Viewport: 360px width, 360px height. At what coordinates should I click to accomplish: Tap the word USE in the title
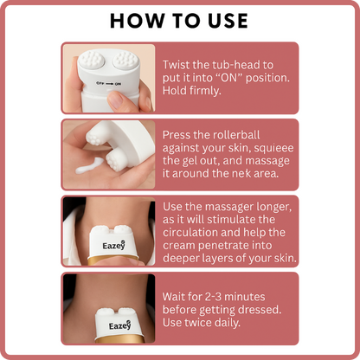coord(228,21)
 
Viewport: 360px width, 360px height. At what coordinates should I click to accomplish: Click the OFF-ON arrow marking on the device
coord(109,84)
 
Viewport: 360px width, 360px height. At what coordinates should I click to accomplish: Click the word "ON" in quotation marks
coord(228,78)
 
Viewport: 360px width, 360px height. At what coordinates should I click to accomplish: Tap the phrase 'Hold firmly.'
coord(192,91)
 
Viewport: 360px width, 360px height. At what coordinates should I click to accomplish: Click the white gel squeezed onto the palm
coord(89,166)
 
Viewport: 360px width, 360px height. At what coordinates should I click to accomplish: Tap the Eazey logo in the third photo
coord(113,245)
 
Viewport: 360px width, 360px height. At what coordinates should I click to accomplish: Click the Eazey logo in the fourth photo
coord(119,325)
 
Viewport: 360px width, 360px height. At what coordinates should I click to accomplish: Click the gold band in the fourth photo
coord(119,340)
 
